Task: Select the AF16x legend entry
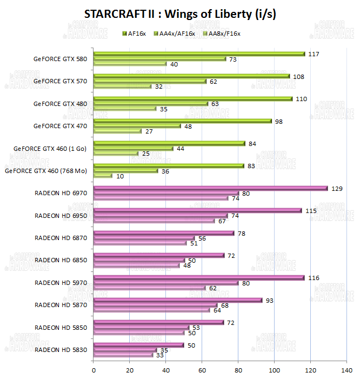coord(135,33)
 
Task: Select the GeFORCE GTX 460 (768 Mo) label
coord(46,171)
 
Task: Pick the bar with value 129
coord(211,188)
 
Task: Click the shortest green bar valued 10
coord(103,176)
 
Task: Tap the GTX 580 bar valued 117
coord(200,54)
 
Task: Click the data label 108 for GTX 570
coord(298,76)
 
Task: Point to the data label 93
coord(270,300)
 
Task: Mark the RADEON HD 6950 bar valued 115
coord(198,210)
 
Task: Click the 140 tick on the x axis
coord(346,371)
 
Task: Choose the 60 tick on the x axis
coord(202,371)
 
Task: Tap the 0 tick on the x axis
coord(94,371)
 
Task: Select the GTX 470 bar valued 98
coord(183,121)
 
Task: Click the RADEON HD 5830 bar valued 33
coord(123,355)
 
